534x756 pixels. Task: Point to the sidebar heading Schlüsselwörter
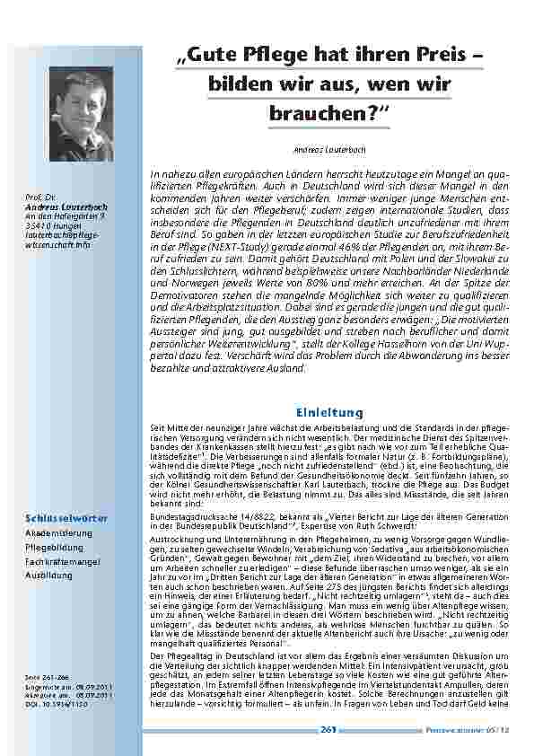66,518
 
